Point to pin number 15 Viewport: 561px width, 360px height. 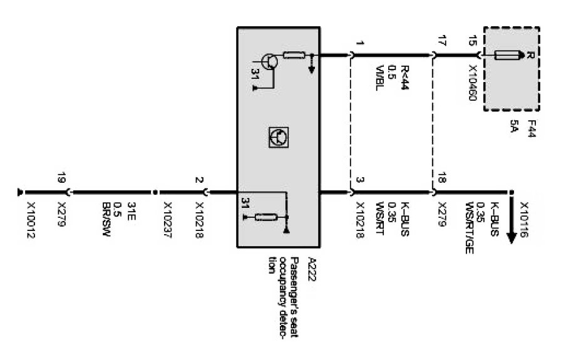pyautogui.click(x=475, y=43)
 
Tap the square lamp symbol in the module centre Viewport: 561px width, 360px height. pyautogui.click(x=276, y=137)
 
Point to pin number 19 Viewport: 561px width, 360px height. pyautogui.click(x=61, y=177)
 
